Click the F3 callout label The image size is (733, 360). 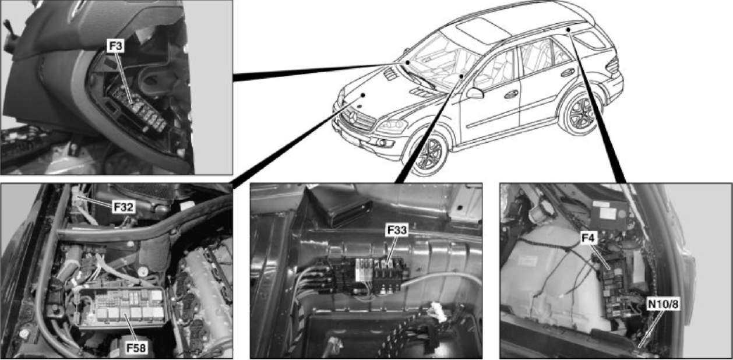click(x=115, y=46)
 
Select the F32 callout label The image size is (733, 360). click(x=124, y=207)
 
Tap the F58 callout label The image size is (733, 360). click(x=136, y=348)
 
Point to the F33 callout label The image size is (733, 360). click(x=397, y=230)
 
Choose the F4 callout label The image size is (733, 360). click(x=588, y=238)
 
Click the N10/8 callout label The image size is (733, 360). click(x=663, y=304)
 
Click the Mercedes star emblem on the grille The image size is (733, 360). click(x=353, y=117)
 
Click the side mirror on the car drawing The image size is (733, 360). click(x=475, y=93)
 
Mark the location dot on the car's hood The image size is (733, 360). click(x=363, y=95)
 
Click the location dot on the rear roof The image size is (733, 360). click(x=569, y=30)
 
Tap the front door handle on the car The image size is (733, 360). click(x=511, y=94)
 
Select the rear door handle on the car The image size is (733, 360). click(x=568, y=72)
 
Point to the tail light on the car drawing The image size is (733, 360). click(x=612, y=65)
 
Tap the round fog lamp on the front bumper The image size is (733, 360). click(x=380, y=143)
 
